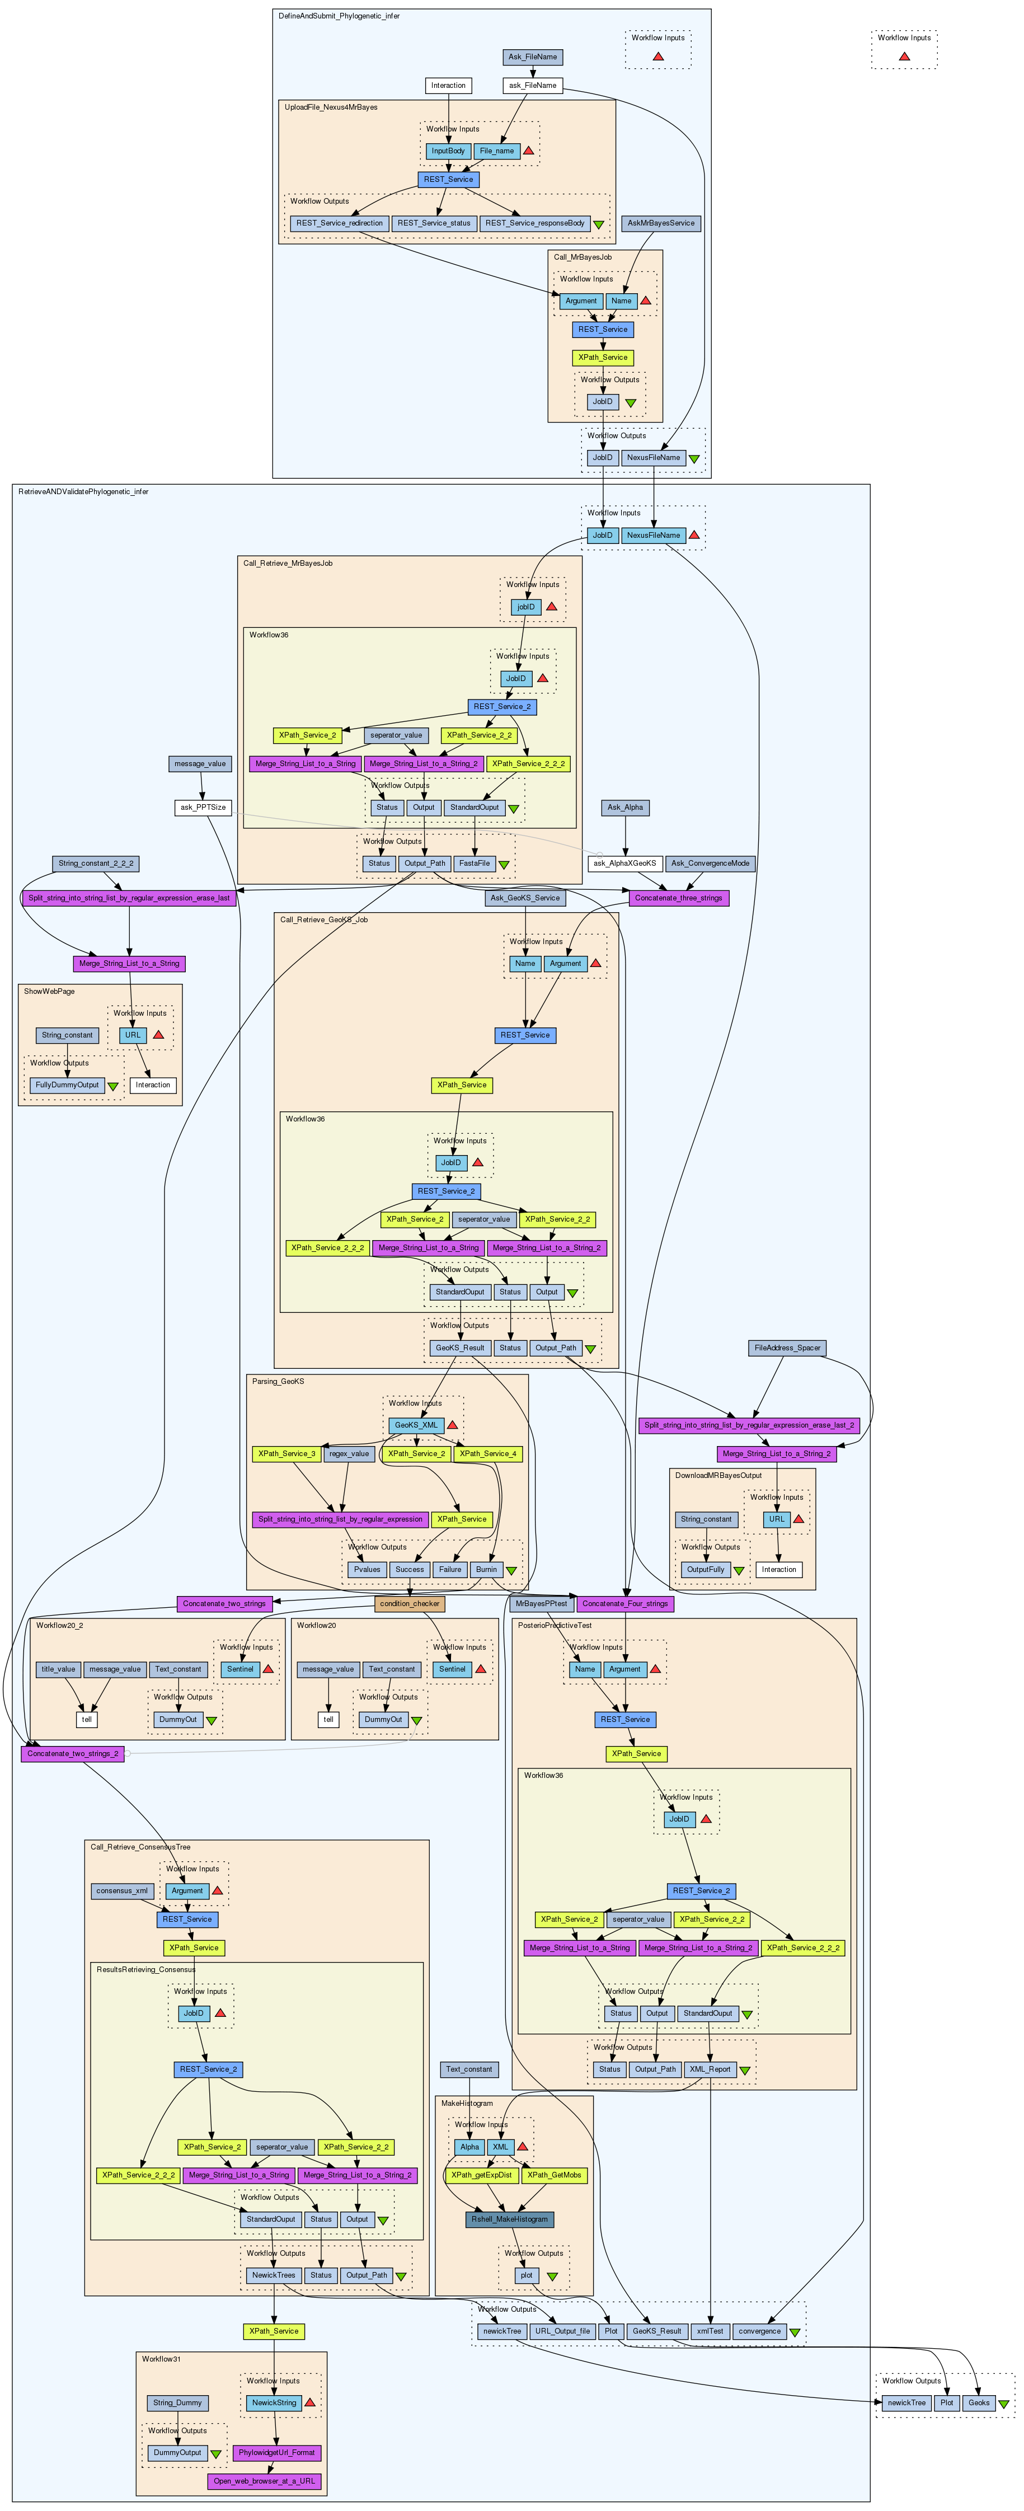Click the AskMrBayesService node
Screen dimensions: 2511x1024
661,223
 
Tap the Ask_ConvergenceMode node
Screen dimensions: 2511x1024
710,863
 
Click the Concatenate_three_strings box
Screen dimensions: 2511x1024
678,898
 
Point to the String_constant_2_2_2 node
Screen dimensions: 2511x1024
96,863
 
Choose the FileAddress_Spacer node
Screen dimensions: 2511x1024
787,1348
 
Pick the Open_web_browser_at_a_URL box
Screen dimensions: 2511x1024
264,2482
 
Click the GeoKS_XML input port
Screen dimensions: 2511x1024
416,1425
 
